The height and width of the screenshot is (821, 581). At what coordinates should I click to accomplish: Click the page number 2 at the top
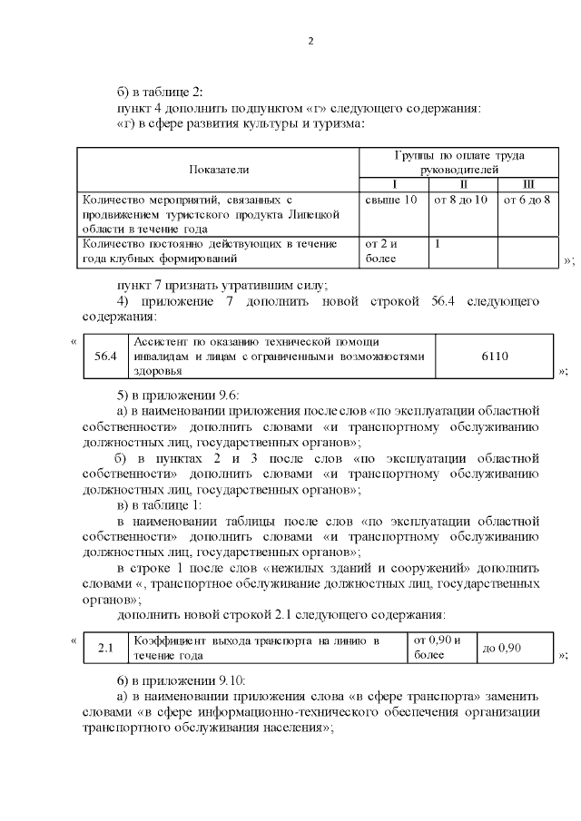[x=310, y=42]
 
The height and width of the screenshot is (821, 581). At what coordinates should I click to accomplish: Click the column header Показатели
[x=218, y=169]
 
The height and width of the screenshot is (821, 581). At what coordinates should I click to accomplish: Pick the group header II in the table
[x=463, y=184]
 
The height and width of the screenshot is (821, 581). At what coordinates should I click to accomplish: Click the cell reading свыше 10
[x=390, y=199]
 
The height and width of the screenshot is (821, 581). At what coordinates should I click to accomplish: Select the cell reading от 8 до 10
[x=462, y=199]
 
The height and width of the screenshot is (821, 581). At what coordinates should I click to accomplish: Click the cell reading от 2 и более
[x=381, y=250]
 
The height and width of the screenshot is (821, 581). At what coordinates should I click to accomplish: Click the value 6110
[x=494, y=356]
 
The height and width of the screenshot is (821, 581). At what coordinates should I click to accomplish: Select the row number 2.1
[x=105, y=647]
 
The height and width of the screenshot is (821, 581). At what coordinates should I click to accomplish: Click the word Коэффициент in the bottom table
[x=170, y=640]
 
